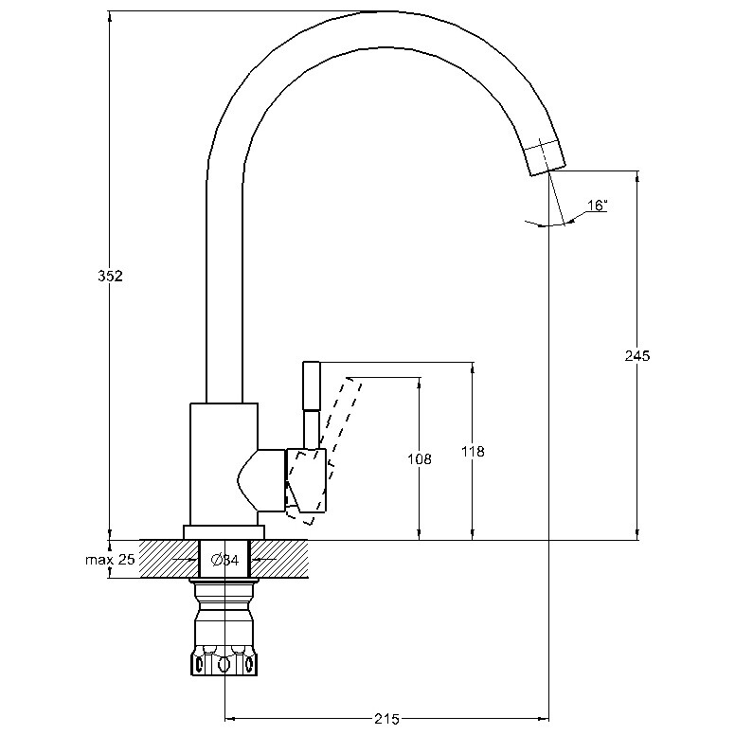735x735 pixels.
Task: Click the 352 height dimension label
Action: point(110,276)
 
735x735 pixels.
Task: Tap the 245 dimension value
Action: point(637,356)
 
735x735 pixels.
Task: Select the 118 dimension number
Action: point(473,452)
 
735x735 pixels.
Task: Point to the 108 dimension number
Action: point(419,459)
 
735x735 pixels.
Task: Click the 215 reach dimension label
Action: point(386,719)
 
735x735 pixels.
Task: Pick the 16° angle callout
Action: point(597,206)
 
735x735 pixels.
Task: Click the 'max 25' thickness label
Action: point(110,559)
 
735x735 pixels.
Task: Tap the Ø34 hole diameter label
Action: point(225,560)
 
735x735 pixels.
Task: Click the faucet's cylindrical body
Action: point(224,464)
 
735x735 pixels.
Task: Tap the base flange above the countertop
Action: point(224,532)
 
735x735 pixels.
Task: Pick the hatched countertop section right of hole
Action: point(278,559)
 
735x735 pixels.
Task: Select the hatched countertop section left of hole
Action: point(169,559)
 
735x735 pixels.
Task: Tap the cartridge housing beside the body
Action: point(261,479)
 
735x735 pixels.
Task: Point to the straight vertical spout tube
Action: point(224,291)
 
